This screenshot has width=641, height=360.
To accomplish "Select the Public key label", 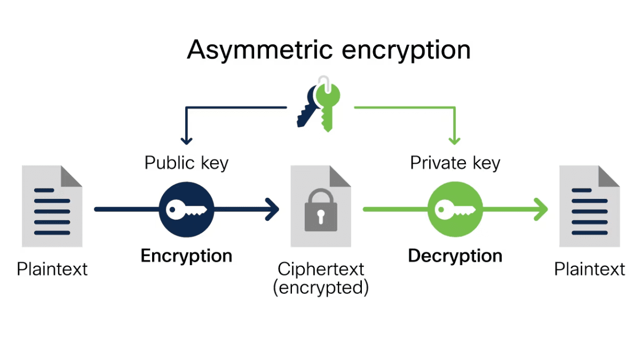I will pyautogui.click(x=186, y=163).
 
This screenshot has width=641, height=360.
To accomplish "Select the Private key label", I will pyautogui.click(x=455, y=163).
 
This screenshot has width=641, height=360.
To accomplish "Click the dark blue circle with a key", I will pyautogui.click(x=187, y=209).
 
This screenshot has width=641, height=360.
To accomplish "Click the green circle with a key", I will pyautogui.click(x=455, y=209).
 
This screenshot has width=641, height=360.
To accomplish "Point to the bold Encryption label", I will pyautogui.click(x=186, y=256).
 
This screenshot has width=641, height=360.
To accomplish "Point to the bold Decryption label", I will pyautogui.click(x=455, y=256).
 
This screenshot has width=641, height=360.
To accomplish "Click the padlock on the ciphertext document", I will pyautogui.click(x=320, y=213).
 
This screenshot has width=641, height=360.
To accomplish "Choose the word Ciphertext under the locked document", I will pyautogui.click(x=321, y=269).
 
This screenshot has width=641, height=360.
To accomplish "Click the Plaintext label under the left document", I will pyautogui.click(x=52, y=269).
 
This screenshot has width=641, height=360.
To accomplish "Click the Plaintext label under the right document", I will pyautogui.click(x=589, y=269).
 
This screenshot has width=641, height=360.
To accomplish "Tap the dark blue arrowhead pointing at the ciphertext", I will pyautogui.click(x=273, y=209).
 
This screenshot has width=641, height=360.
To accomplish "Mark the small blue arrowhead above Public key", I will pyautogui.click(x=186, y=140).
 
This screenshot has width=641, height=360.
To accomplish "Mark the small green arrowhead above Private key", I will pyautogui.click(x=454, y=140).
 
